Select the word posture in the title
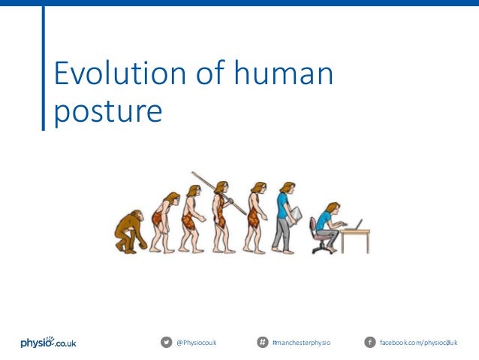[108, 111]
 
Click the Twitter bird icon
[166, 343]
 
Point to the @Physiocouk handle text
[196, 343]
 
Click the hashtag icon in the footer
[262, 343]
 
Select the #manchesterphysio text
[300, 343]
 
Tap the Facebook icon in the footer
[369, 343]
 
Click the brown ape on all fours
[128, 231]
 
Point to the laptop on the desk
[355, 225]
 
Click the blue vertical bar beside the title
[43, 68]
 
